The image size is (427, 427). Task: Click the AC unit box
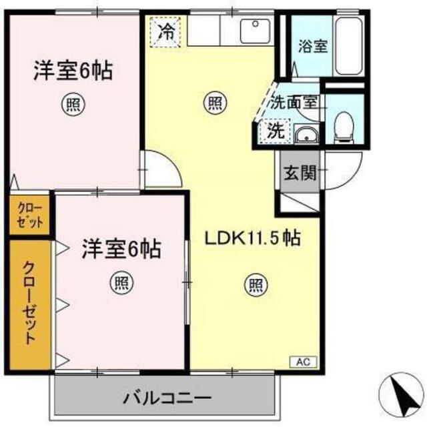(x=303, y=362)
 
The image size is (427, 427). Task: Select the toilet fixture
(x=344, y=127)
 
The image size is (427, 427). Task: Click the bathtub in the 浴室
(x=349, y=46)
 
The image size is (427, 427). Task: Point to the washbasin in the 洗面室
(x=306, y=135)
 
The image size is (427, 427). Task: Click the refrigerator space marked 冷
(x=165, y=32)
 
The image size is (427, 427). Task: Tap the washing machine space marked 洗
(x=276, y=131)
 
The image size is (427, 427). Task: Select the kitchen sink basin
(x=255, y=31)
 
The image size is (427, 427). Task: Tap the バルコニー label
(x=167, y=398)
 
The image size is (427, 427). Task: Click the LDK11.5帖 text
(x=252, y=238)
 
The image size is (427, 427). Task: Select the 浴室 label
(x=313, y=46)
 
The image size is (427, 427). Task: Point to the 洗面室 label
(x=294, y=103)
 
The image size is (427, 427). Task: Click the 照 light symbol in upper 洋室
(x=73, y=104)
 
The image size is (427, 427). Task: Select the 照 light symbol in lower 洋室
(x=121, y=284)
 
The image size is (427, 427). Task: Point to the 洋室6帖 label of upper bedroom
(x=73, y=71)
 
